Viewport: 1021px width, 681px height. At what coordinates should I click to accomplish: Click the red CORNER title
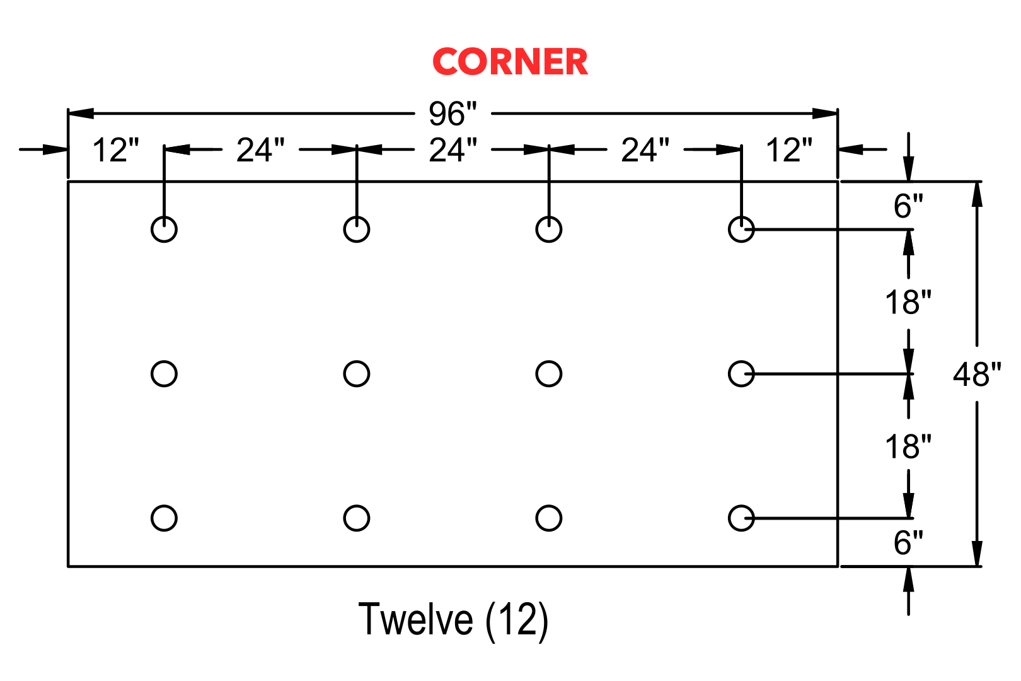pos(510,62)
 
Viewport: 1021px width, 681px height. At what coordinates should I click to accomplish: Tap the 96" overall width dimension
pos(452,113)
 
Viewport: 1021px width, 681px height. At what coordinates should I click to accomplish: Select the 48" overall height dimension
pos(977,375)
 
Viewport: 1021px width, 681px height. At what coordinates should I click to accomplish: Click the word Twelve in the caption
pos(415,619)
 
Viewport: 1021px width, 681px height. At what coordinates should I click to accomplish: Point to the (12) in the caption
pos(516,620)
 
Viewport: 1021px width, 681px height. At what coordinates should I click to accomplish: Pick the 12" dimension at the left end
pos(115,150)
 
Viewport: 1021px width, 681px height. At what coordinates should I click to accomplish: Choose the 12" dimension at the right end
pos(789,150)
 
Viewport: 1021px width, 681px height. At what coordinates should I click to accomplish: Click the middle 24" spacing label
pos(453,150)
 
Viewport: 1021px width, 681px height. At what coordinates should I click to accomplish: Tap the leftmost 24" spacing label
pos(260,150)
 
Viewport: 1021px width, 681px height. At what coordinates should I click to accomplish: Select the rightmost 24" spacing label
pos(645,150)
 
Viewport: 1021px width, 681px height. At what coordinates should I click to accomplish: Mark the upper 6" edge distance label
pos(908,206)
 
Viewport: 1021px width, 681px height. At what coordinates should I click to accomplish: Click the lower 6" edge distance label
pos(908,543)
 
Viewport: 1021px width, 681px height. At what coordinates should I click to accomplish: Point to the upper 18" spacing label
pos(908,303)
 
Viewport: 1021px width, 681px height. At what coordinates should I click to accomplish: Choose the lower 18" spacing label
pos(908,446)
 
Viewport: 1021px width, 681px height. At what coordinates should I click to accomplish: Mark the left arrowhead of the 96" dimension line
pos(81,113)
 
